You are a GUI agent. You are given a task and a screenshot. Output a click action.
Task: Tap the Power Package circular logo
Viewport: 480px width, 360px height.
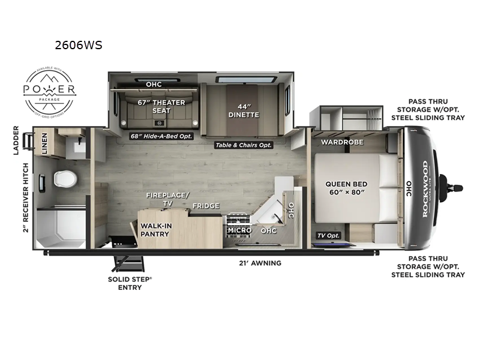click(49, 91)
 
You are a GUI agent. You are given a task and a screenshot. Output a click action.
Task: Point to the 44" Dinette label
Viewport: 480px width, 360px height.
click(244, 110)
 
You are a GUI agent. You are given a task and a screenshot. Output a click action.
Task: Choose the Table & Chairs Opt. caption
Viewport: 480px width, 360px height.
click(244, 145)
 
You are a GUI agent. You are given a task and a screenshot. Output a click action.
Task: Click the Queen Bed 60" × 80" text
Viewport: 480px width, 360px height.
click(346, 189)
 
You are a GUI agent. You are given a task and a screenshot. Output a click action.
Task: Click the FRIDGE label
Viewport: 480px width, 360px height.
click(206, 206)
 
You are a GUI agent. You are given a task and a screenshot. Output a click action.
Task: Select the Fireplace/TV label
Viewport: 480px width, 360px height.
click(165, 199)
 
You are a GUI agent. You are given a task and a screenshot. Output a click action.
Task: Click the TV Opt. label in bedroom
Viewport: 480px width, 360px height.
click(329, 235)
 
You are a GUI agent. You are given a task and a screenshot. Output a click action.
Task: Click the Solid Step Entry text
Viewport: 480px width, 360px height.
click(125, 283)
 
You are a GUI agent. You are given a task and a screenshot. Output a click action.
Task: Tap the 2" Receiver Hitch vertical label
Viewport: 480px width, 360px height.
click(26, 197)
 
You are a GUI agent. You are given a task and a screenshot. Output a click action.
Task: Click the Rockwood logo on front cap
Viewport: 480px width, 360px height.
click(424, 189)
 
